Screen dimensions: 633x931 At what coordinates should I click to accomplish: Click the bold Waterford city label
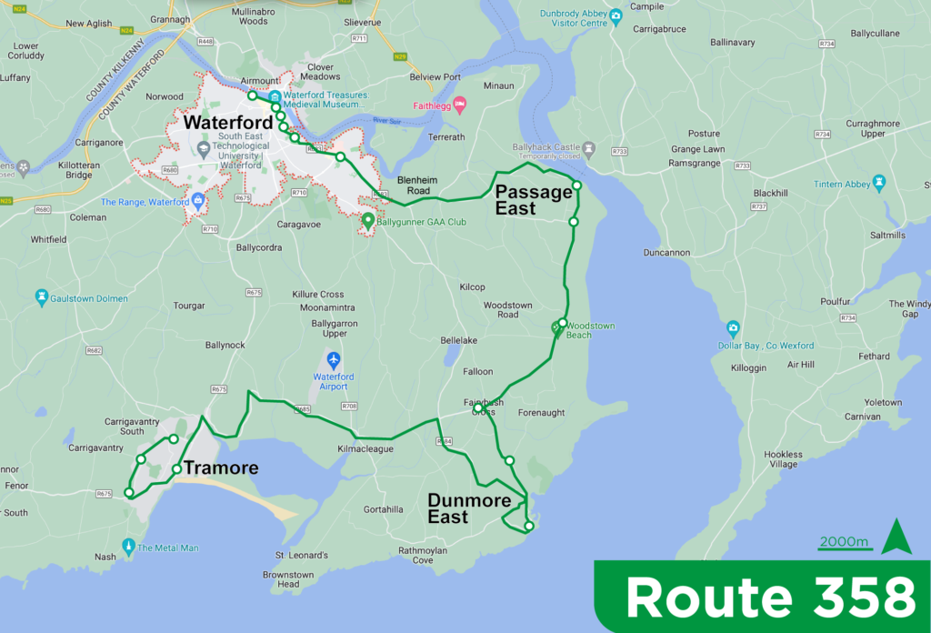point(227,123)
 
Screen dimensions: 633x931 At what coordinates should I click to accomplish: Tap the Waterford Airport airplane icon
point(334,360)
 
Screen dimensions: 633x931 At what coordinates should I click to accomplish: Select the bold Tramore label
point(221,468)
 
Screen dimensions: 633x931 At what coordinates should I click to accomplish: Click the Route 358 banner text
point(770,598)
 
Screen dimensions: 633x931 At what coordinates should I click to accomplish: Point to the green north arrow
point(896,537)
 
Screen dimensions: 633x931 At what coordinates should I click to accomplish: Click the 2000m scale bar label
point(845,542)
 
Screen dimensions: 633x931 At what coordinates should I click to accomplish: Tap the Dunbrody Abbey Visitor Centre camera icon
point(616,15)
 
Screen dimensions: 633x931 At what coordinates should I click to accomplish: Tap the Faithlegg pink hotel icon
point(460,104)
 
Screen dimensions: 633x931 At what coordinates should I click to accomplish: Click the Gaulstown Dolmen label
point(89,298)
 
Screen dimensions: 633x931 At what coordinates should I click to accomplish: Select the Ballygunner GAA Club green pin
point(368,220)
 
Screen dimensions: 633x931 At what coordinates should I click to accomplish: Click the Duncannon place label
point(666,253)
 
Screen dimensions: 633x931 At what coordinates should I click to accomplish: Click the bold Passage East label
point(527,200)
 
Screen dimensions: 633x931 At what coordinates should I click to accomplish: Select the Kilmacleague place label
point(365,449)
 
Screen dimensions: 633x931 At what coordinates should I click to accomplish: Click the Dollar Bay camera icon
point(733,328)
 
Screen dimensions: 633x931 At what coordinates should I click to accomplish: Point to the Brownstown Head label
point(288,579)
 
